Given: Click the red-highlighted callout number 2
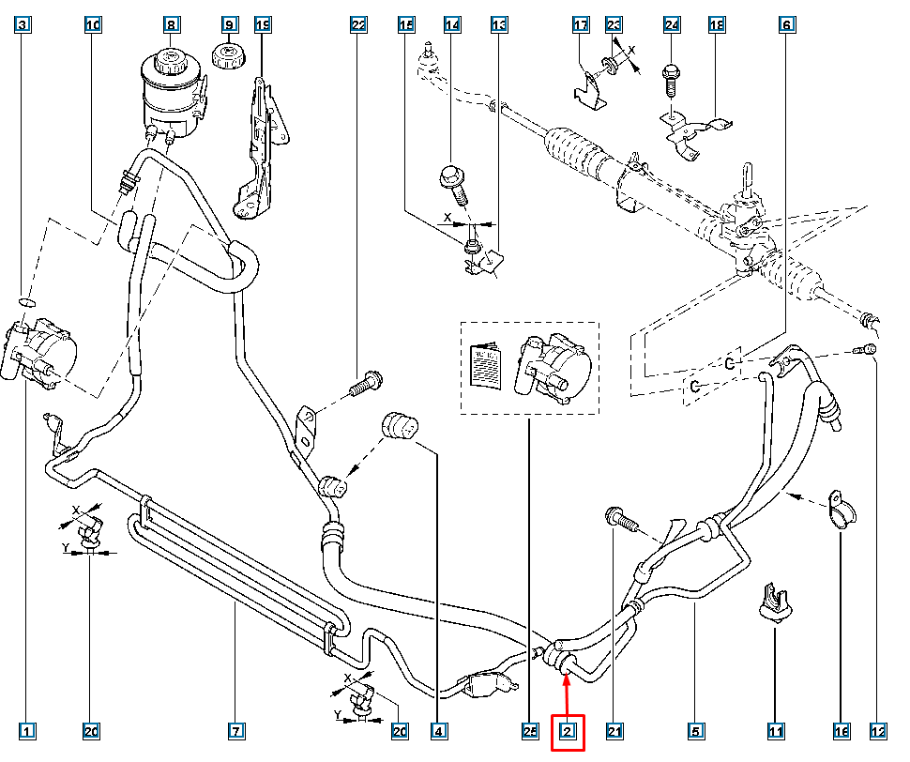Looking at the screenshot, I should point(568,731).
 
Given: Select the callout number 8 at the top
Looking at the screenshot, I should point(171,24).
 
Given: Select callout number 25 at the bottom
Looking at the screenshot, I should point(530,731).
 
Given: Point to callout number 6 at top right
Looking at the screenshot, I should point(785,24).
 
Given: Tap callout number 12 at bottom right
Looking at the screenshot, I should point(878,731).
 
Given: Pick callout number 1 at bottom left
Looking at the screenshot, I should point(29,731).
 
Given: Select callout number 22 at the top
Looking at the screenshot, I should point(358,24).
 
